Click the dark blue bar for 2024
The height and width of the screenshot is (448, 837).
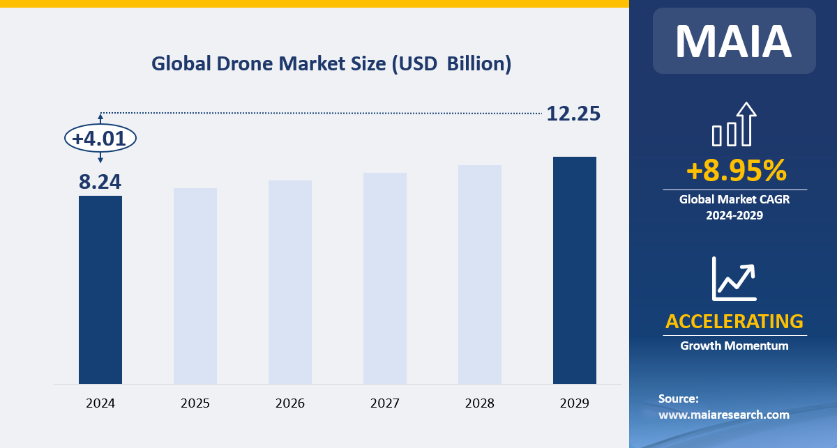click(x=100, y=289)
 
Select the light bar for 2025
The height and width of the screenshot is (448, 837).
click(x=195, y=286)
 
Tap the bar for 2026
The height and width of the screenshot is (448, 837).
click(x=290, y=282)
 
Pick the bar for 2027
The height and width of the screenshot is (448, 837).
click(x=385, y=278)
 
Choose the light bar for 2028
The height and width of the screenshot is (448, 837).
click(x=480, y=275)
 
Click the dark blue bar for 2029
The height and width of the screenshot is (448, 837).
click(x=575, y=270)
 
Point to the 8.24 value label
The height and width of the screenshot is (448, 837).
click(x=100, y=182)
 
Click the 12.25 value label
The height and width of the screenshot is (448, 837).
click(x=573, y=114)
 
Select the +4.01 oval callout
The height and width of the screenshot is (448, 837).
click(x=100, y=139)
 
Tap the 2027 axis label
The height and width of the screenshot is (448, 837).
click(x=385, y=403)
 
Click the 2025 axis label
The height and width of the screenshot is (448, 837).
click(x=195, y=403)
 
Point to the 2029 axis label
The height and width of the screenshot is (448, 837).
click(x=575, y=403)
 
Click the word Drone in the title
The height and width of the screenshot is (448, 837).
click(x=244, y=64)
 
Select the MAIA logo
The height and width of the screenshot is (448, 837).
click(x=734, y=41)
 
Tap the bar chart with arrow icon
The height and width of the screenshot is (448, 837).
click(x=734, y=125)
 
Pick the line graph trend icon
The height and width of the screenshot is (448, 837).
click(x=734, y=278)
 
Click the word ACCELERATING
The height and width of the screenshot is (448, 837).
click(x=734, y=321)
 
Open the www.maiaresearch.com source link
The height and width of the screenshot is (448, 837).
click(x=723, y=415)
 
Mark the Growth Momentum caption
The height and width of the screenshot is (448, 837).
click(x=734, y=346)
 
